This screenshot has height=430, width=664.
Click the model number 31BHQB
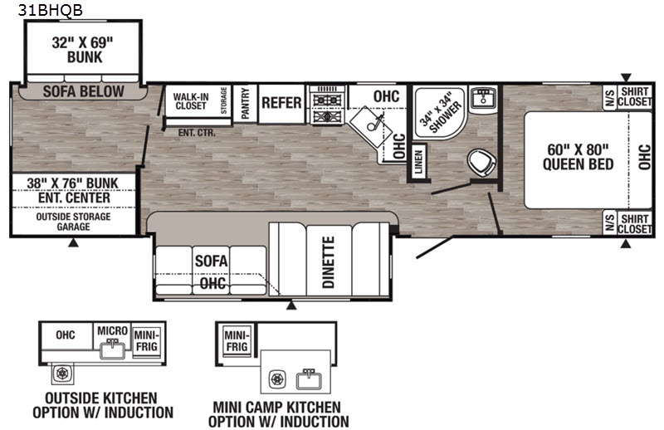point(51,10)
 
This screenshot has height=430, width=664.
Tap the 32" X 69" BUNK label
point(83,50)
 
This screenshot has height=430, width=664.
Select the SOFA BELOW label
point(84,91)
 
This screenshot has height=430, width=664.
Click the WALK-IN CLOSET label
point(191,101)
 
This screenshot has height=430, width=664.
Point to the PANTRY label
point(245,104)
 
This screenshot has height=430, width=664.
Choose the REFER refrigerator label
point(281,103)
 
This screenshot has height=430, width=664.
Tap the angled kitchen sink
point(371,126)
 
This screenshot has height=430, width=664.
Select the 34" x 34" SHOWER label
point(440,112)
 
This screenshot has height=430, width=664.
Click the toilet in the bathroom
point(481,162)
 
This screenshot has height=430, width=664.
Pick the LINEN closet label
point(418,162)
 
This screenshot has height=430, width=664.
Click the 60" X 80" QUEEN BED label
point(578,156)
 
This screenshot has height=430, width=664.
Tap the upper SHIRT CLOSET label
point(634,96)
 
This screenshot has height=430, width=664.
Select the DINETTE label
point(329,261)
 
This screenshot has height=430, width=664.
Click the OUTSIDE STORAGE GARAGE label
point(73,222)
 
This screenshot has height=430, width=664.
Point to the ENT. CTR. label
point(197,133)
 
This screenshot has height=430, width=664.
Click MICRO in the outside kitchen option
point(112,330)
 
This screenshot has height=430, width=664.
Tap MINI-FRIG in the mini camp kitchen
point(237,341)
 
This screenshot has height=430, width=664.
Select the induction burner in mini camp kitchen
point(277,379)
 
